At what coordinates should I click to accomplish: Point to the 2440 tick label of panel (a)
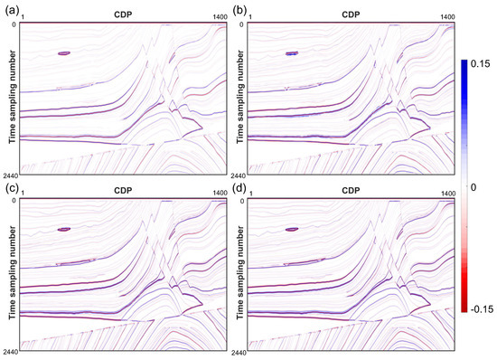(10, 173)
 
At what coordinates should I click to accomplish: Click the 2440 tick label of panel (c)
(10, 350)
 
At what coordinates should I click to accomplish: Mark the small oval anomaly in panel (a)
(63, 53)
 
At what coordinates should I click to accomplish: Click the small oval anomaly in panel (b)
(292, 53)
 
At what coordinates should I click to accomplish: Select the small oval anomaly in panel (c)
(63, 230)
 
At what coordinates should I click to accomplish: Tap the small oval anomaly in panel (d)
(292, 230)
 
